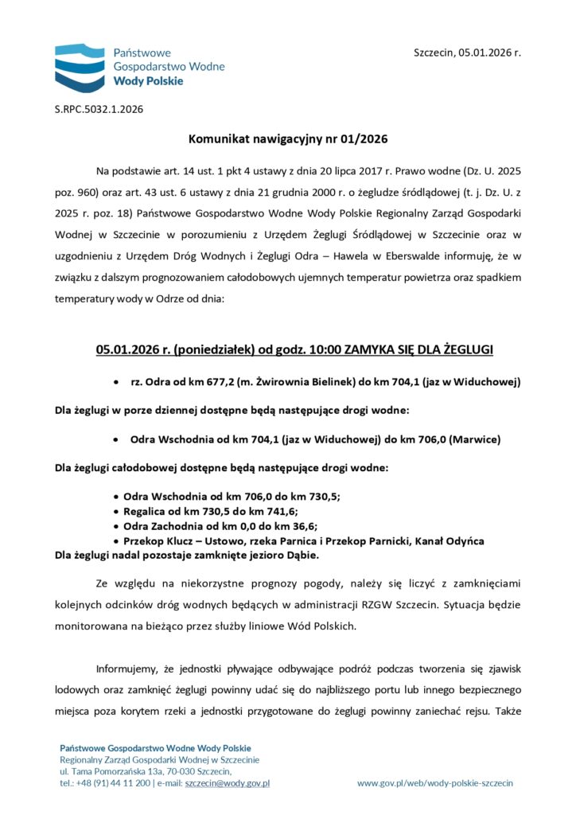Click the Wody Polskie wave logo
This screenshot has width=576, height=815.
[x=79, y=68]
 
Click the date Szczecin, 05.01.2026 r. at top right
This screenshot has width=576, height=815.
[x=467, y=53]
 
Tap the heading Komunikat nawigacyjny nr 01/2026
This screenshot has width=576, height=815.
[x=288, y=139]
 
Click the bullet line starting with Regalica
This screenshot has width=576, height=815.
[x=211, y=511]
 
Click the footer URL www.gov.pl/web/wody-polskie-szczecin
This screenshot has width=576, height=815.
[x=434, y=783]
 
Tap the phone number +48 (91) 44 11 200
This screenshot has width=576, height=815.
[x=111, y=783]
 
